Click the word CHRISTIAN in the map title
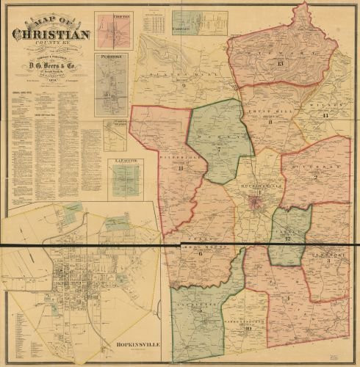[x=51, y=34]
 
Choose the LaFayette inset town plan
[x=125, y=179]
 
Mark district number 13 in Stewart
[x=280, y=64]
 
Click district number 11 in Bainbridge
[x=181, y=168]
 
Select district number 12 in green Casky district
[x=289, y=239]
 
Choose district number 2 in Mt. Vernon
[x=316, y=177]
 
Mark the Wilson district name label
[x=322, y=107]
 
